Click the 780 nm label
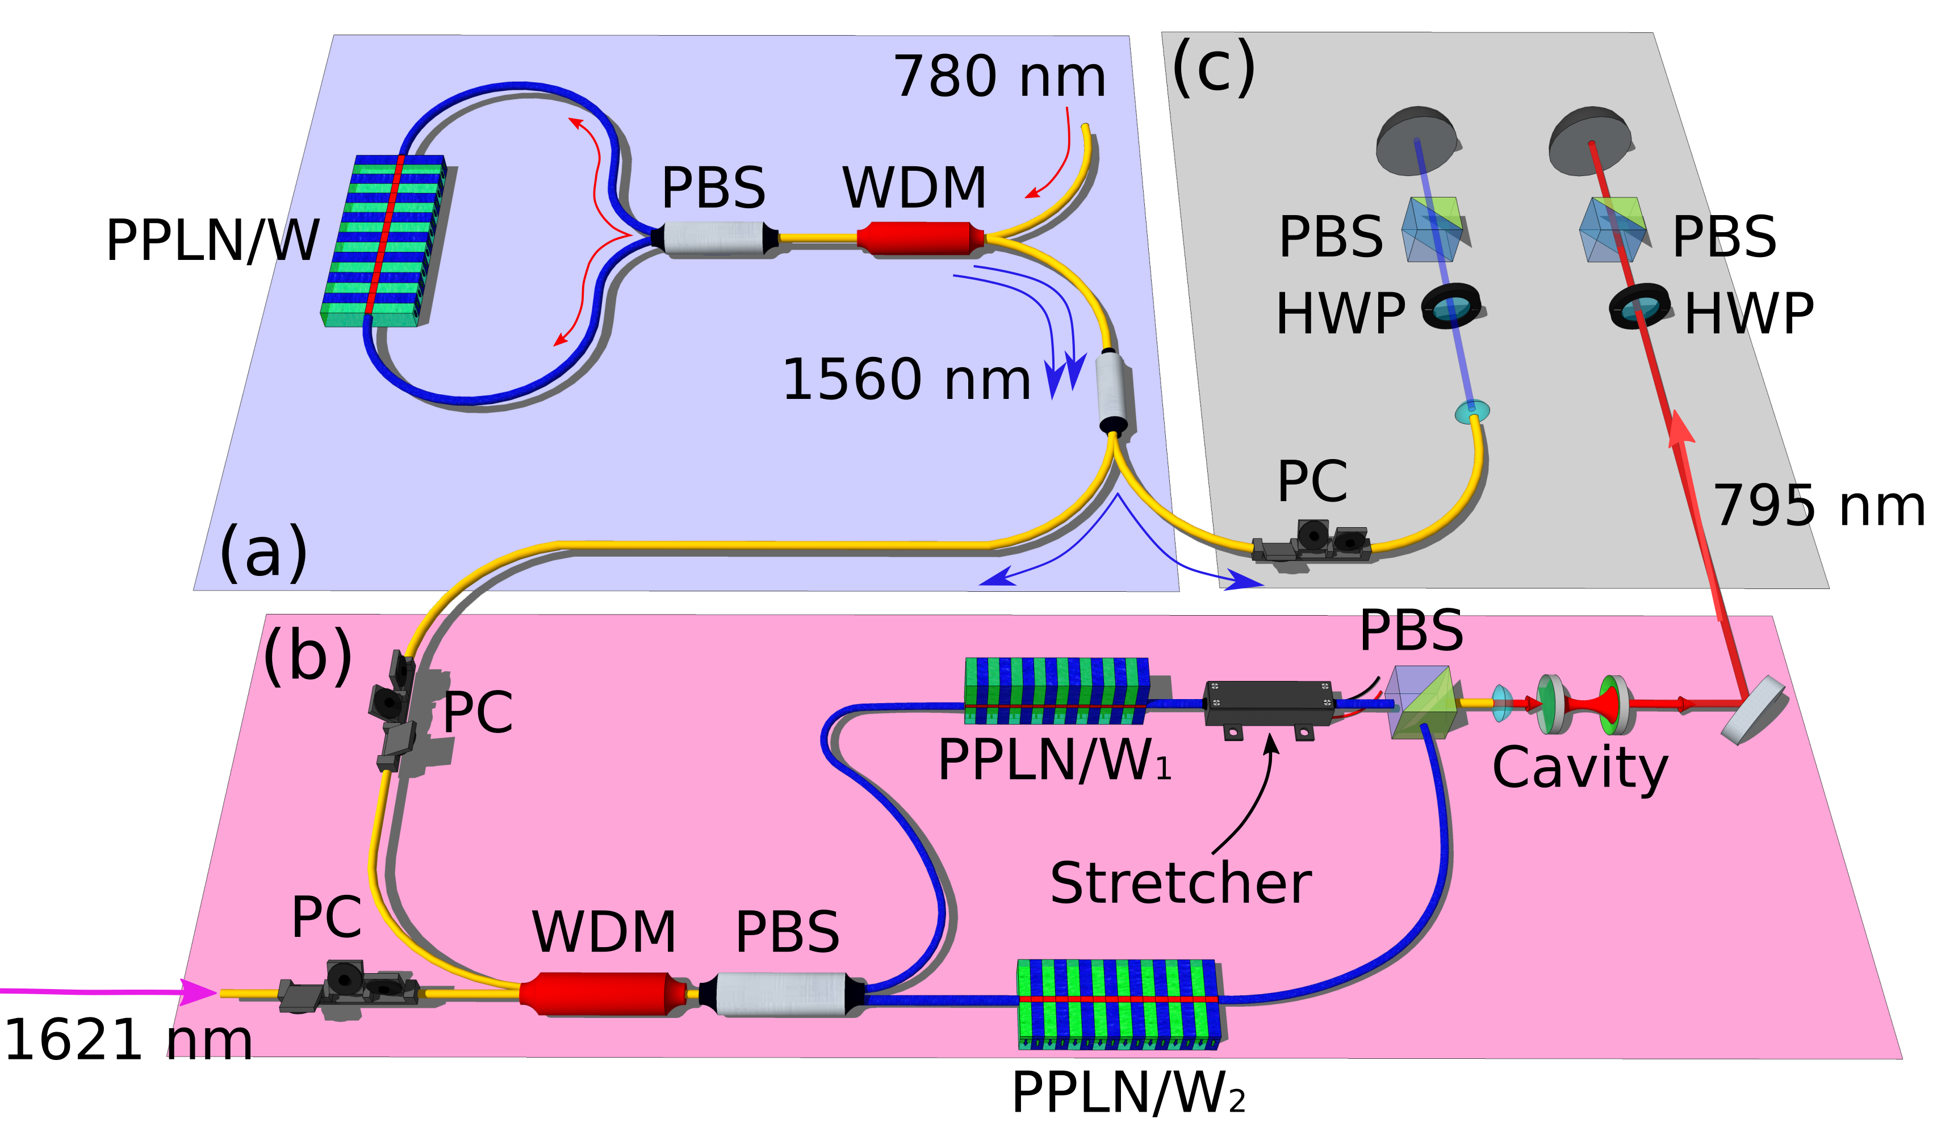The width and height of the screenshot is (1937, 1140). [999, 77]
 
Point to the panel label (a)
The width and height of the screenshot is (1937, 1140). [263, 553]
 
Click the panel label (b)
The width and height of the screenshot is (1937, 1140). [307, 657]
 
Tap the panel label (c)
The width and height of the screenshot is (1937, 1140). [1213, 68]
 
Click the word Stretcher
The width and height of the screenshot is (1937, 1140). [1181, 884]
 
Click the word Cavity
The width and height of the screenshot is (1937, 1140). [1580, 768]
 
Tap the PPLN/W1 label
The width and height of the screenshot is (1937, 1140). [1053, 760]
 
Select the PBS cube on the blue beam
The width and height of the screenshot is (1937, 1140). [1431, 229]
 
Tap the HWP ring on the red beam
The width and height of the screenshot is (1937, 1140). [1639, 306]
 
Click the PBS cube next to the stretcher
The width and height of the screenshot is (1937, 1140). [1423, 702]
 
